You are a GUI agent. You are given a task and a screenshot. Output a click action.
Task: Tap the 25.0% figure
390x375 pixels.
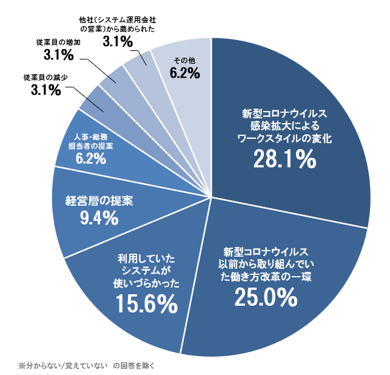coord(266,296)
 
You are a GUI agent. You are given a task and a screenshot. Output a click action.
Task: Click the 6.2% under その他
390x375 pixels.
coord(185,73)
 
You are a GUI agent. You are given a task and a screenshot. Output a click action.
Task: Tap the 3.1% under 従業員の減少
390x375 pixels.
coord(45,91)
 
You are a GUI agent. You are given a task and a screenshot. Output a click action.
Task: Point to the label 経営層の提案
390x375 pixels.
coord(99,200)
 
